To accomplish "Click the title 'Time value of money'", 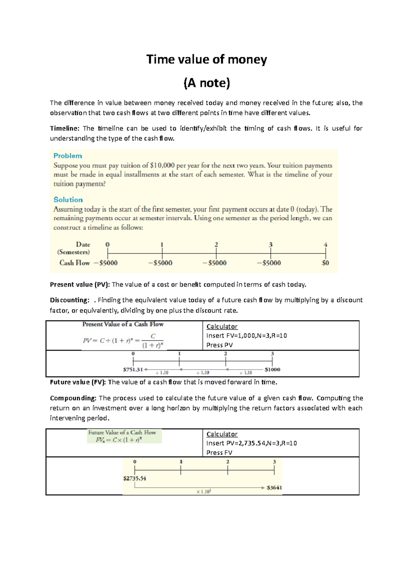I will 206,60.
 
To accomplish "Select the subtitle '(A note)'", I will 206,83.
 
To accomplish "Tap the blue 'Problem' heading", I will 68,156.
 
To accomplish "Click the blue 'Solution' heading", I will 68,200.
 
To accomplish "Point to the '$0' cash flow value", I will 325,263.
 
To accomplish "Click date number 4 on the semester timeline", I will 325,245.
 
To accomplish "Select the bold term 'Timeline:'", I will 65,129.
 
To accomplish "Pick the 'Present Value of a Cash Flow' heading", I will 123,324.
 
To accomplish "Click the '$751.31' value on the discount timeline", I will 133,370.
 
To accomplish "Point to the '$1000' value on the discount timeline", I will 272,370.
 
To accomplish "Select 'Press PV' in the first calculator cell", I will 220,345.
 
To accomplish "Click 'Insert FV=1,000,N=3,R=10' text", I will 246,336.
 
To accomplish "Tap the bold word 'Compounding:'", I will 73,398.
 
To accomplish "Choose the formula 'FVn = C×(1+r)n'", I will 119,440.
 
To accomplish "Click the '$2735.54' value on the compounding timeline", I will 135,479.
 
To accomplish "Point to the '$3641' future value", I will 274,488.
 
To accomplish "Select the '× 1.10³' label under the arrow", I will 203,492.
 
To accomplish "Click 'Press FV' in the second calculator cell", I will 219,452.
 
